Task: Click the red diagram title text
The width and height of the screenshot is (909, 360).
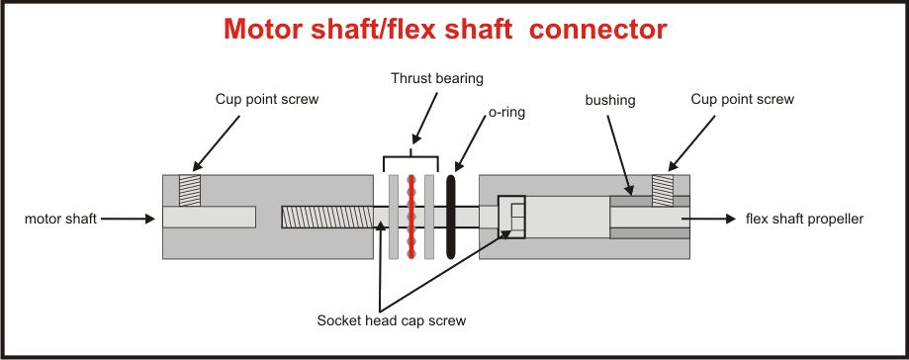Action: pos(444,30)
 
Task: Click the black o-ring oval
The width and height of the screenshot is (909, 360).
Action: pos(452,217)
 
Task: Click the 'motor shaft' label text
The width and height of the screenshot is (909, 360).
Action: pos(61,219)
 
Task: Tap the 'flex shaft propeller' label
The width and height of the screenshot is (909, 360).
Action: pos(804,219)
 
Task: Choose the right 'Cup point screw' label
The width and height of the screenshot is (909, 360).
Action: pos(744,100)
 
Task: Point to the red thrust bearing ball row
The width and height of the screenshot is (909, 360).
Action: pos(411,217)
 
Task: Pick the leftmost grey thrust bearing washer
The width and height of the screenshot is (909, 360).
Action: pos(394,217)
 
